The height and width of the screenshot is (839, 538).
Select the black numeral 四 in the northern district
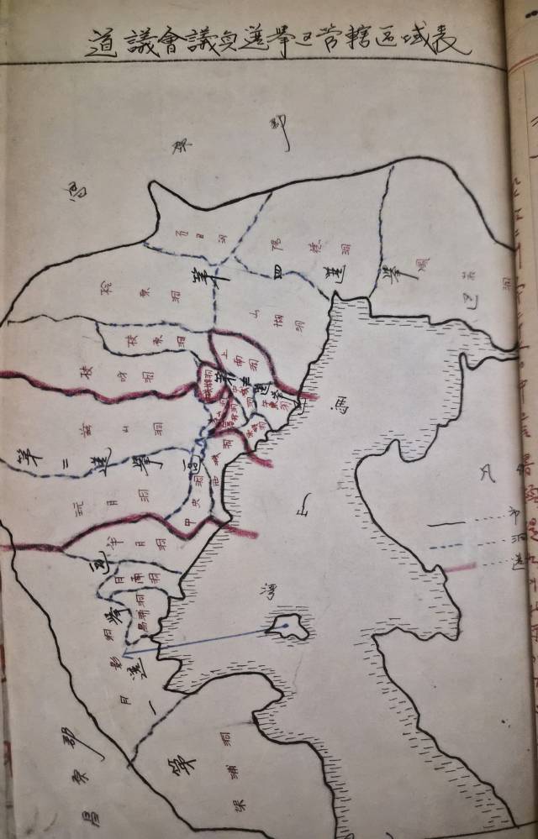tap(277, 270)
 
